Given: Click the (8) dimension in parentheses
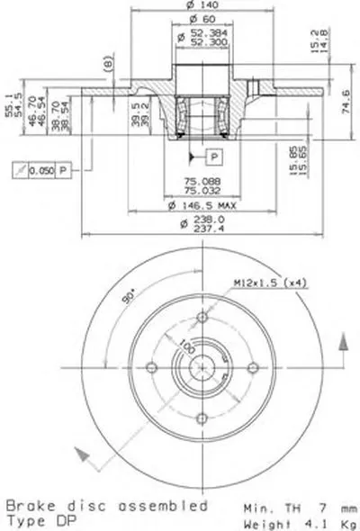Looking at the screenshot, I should point(108,64).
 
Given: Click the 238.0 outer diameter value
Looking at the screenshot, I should point(195,220).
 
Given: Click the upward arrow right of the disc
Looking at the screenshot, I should point(343,344).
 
